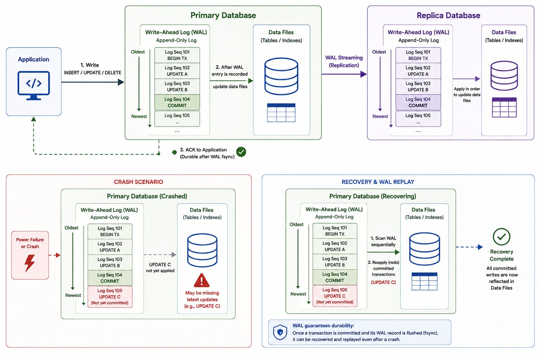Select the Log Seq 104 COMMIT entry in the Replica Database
[418, 102]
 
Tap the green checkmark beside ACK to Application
[241, 152]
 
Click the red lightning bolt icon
[30, 263]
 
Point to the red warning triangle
[201, 280]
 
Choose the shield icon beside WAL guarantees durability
[280, 332]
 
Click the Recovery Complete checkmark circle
[501, 237]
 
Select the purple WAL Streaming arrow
[344, 74]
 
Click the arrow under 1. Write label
[92, 82]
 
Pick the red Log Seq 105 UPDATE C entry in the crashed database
[110, 297]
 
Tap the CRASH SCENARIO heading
[139, 182]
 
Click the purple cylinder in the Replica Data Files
[504, 76]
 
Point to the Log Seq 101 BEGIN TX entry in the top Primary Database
[177, 55]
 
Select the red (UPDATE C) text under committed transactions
[383, 282]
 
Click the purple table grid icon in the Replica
[504, 107]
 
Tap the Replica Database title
[448, 15]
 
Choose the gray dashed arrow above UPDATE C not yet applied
[160, 255]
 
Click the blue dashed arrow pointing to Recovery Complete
[469, 247]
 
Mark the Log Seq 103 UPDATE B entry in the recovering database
[335, 262]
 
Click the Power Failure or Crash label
[30, 243]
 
